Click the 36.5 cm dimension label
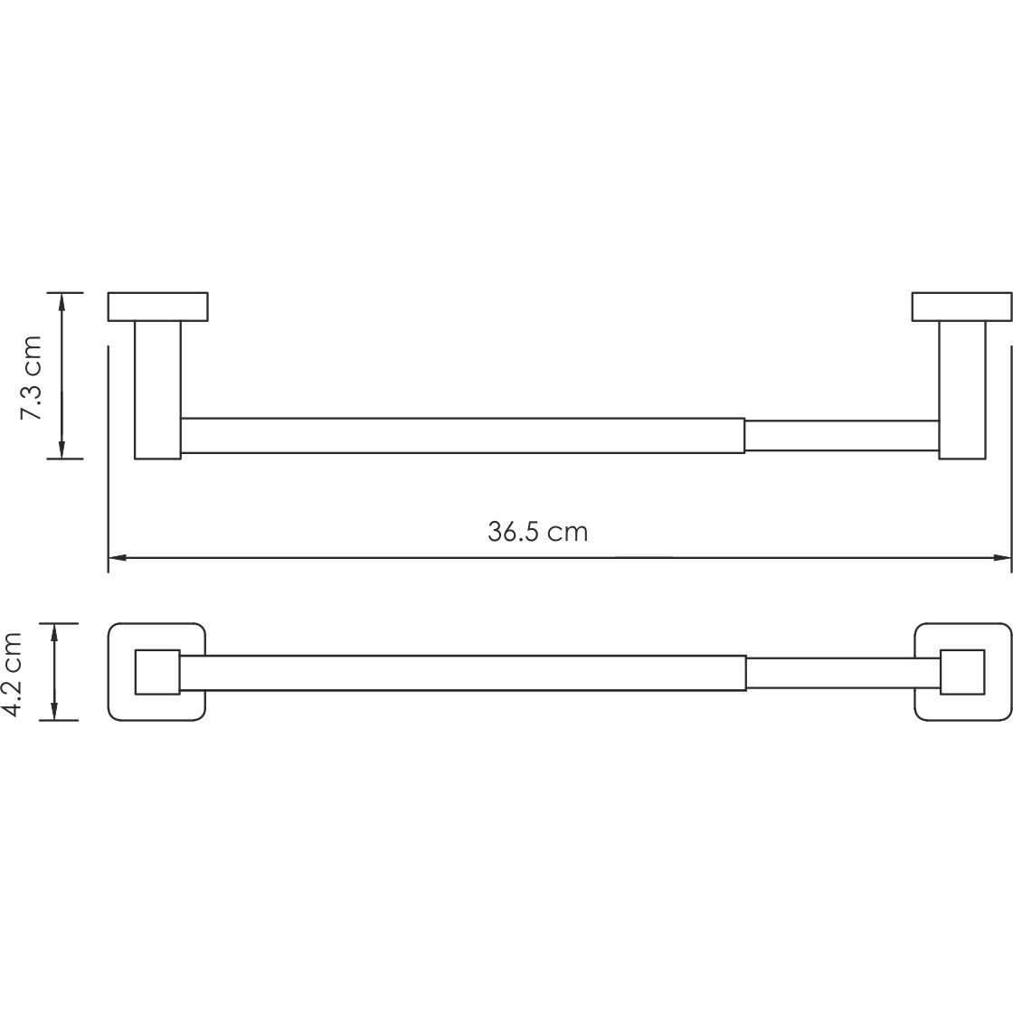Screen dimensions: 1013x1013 pyautogui.click(x=537, y=532)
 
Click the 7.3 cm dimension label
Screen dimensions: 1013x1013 pyautogui.click(x=33, y=376)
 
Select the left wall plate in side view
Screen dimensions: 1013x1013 pyautogui.click(x=157, y=307)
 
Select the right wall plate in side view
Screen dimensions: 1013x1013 pyautogui.click(x=961, y=307)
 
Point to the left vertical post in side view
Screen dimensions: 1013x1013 pyautogui.click(x=157, y=389)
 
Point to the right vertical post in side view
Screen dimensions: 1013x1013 pyautogui.click(x=961, y=389)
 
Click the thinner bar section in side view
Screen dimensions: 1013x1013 pyautogui.click(x=841, y=435)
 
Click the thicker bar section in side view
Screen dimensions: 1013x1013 pyautogui.click(x=461, y=435)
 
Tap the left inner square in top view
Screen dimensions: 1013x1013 pyautogui.click(x=157, y=672)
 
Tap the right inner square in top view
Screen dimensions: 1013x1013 pyautogui.click(x=962, y=672)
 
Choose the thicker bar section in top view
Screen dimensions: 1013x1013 pyautogui.click(x=461, y=673)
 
